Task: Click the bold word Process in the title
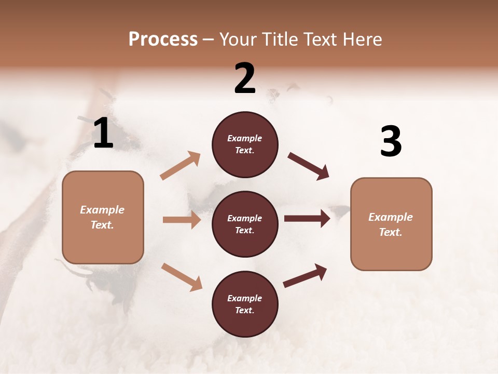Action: (163, 39)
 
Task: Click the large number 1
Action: (103, 134)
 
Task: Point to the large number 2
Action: (245, 79)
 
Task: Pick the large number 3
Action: (391, 142)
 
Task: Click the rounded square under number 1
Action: (103, 217)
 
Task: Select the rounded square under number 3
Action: (391, 224)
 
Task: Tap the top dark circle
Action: (245, 144)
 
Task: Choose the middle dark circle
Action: (245, 224)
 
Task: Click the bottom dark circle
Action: (245, 304)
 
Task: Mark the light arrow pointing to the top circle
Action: (181, 166)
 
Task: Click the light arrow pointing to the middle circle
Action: (182, 220)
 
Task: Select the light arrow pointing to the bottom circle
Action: (182, 276)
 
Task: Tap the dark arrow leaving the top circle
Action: (308, 166)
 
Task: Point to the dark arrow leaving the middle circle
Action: (307, 218)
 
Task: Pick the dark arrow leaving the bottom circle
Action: (305, 276)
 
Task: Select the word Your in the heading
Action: (238, 39)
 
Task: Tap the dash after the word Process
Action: (209, 40)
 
